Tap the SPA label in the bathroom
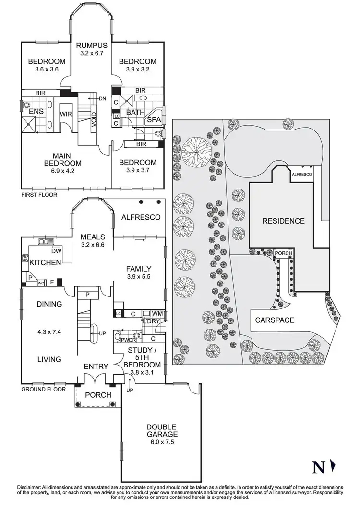(x=154, y=119)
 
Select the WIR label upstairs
(x=65, y=115)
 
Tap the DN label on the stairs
(x=102, y=99)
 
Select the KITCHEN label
(x=45, y=262)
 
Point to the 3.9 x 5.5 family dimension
(x=139, y=277)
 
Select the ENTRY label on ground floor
(x=96, y=367)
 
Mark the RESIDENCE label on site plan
(x=283, y=221)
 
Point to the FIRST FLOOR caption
(x=39, y=195)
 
